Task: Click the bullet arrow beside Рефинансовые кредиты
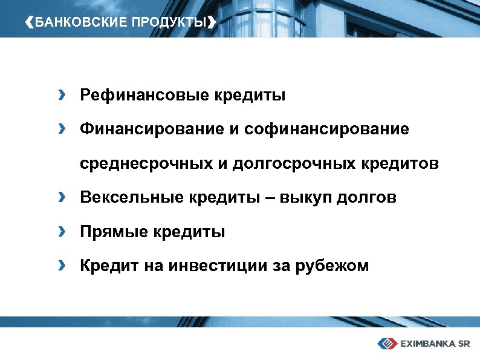point(62,94)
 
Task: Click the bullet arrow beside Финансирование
point(62,128)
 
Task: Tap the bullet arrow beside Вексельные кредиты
point(62,197)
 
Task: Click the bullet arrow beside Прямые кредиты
point(62,231)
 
